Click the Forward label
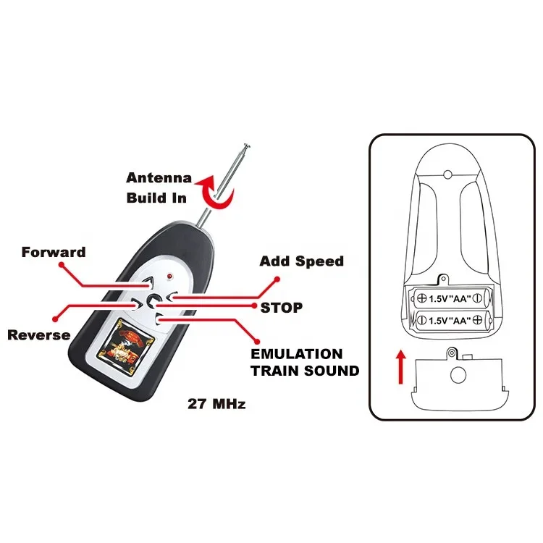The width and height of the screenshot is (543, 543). click(54, 253)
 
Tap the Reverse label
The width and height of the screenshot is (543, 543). click(39, 334)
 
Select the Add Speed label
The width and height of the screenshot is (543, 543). click(301, 261)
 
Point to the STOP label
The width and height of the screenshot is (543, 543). click(282, 307)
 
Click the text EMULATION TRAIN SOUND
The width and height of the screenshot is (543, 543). click(304, 362)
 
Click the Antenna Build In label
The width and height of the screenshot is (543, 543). click(159, 187)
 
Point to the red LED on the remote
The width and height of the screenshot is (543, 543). click(169, 277)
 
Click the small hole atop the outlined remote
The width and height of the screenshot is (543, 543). click(447, 174)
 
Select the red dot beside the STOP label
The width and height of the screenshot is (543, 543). click(253, 306)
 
